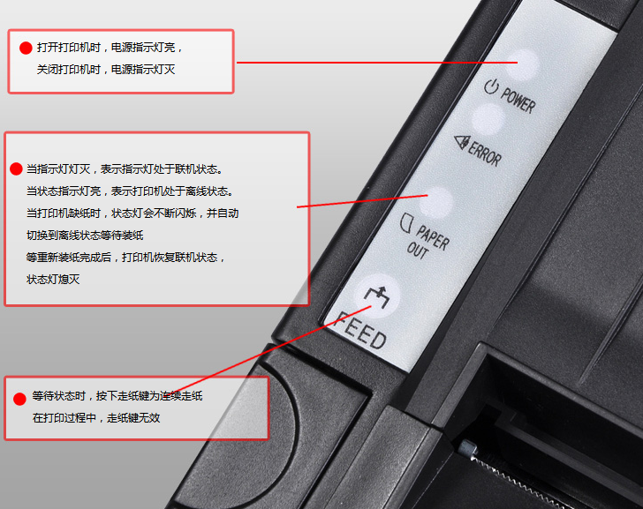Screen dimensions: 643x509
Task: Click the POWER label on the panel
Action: tap(518, 100)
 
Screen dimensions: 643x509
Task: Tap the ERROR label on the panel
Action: tap(485, 153)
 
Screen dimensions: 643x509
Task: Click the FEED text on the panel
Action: tap(360, 332)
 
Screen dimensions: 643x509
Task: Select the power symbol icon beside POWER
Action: tap(491, 86)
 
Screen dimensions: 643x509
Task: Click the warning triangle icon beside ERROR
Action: tap(461, 142)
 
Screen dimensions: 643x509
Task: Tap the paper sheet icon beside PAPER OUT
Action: tap(405, 223)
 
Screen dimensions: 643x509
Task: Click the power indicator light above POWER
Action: tap(522, 64)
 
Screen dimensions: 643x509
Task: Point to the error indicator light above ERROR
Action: tap(488, 120)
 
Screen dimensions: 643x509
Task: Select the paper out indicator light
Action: tap(437, 201)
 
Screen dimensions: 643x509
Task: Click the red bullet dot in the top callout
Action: tap(26, 48)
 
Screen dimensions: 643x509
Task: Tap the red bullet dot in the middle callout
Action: tap(16, 168)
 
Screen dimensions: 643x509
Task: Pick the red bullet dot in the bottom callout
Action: tap(19, 399)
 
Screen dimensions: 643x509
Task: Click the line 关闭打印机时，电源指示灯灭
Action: tap(106, 70)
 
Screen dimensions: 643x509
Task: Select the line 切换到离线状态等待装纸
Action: tap(85, 236)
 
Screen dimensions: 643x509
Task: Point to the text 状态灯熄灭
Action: tap(53, 280)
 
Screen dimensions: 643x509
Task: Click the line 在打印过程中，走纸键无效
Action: tap(96, 418)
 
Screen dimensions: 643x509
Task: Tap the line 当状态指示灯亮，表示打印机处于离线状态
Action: tap(130, 191)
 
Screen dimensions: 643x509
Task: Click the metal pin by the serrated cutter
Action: tap(466, 448)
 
